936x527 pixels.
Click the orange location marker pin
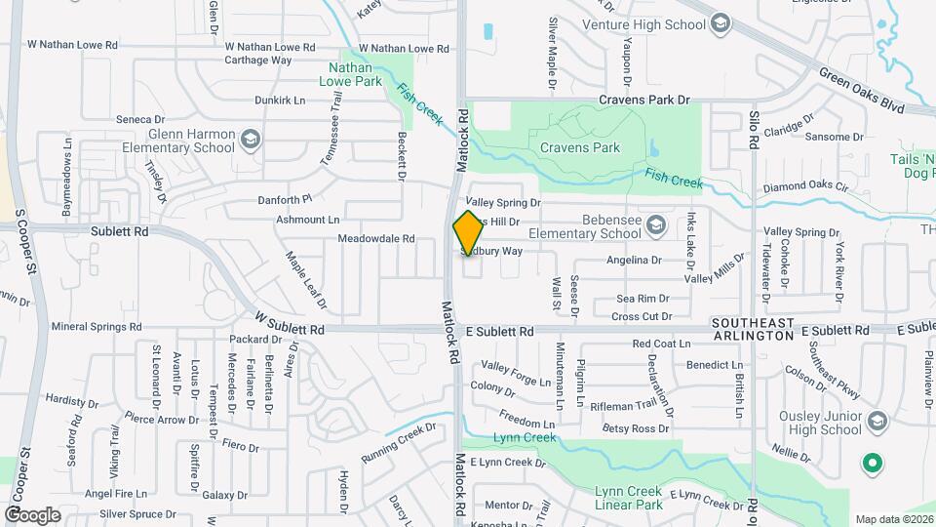point(468,233)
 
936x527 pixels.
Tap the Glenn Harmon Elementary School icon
point(252,141)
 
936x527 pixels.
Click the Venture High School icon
point(721,23)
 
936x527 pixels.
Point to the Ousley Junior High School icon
point(877,422)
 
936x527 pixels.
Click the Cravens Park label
point(580,148)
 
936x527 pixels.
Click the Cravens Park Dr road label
point(643,100)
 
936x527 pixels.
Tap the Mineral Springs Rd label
point(97,327)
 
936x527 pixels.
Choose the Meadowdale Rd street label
point(376,238)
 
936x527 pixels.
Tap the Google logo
point(33,514)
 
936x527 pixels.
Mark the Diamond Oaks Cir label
point(806,186)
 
